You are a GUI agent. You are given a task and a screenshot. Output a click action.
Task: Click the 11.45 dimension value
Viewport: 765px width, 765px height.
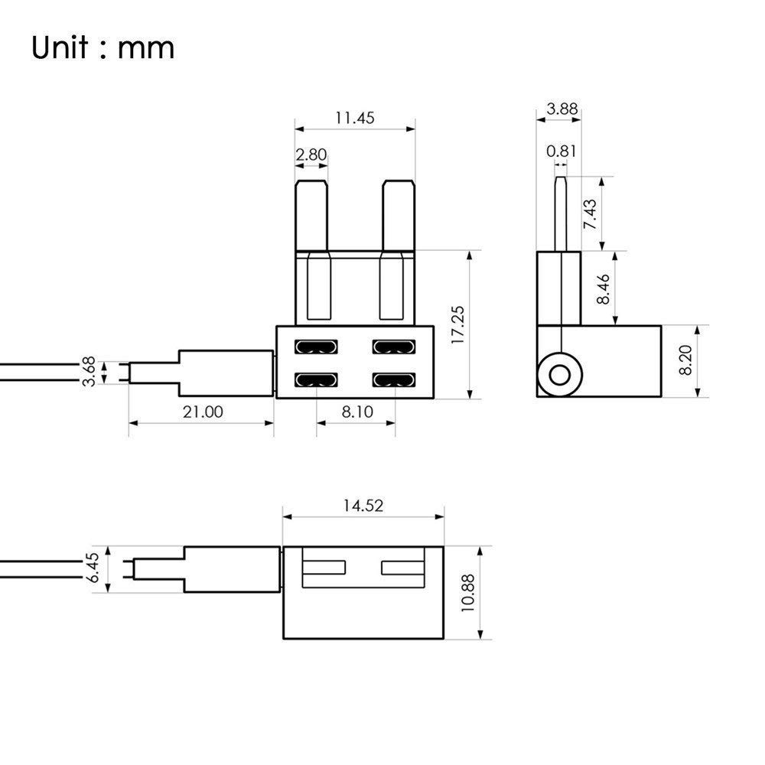coord(354,118)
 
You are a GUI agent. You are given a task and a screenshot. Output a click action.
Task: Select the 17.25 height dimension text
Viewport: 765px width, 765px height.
coord(458,325)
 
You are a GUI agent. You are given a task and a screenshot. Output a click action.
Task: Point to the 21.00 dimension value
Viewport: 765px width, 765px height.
coord(202,412)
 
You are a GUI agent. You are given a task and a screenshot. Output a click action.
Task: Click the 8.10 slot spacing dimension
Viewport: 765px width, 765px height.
coord(356,412)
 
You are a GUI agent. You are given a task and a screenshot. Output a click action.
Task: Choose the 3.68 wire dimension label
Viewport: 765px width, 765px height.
coord(90,372)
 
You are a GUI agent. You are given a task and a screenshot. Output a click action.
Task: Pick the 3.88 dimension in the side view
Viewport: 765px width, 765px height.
coord(558,109)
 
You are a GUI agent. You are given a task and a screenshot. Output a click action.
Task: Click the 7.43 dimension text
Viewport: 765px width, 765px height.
coord(589,214)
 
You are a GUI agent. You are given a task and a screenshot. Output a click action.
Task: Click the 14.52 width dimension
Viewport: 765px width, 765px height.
coord(363,505)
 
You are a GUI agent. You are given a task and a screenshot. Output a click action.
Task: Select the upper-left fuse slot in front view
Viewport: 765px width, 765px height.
coord(316,347)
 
